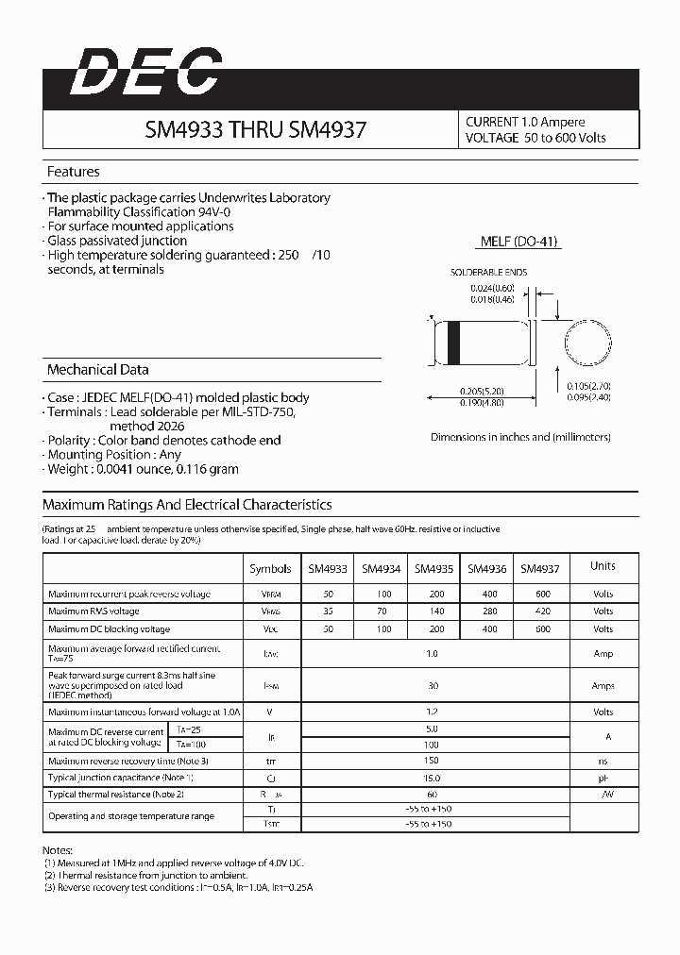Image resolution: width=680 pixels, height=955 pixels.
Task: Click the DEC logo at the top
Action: pyautogui.click(x=146, y=74)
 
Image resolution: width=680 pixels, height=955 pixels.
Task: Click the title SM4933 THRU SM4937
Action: pyautogui.click(x=255, y=130)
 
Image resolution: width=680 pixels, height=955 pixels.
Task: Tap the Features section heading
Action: pyautogui.click(x=74, y=172)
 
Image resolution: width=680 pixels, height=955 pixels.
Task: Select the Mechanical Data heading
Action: pyautogui.click(x=97, y=370)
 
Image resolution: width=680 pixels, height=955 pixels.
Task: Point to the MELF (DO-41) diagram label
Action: pyautogui.click(x=519, y=242)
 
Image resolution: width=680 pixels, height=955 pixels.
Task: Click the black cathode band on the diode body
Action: pyautogui.click(x=453, y=341)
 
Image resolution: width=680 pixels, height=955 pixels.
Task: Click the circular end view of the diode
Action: pyautogui.click(x=586, y=341)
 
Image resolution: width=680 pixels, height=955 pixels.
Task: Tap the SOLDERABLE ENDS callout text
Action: pyautogui.click(x=488, y=273)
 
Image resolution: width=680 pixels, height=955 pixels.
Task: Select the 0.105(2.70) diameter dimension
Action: pyautogui.click(x=591, y=386)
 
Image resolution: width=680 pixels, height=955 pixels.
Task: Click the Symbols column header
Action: pyautogui.click(x=270, y=569)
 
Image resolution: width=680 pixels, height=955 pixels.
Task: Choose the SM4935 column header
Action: pyautogui.click(x=433, y=569)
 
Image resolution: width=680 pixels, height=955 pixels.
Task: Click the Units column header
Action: pyautogui.click(x=603, y=566)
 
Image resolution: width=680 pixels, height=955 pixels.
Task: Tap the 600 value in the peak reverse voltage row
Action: pyautogui.click(x=541, y=595)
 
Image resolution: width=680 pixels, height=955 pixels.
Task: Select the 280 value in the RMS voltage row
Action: pyautogui.click(x=487, y=612)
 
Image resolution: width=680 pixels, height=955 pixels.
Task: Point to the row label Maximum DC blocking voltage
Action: pyautogui.click(x=109, y=629)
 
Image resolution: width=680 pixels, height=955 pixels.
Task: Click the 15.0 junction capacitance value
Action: pyautogui.click(x=433, y=778)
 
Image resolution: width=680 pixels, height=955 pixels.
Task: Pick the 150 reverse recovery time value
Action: pyautogui.click(x=433, y=761)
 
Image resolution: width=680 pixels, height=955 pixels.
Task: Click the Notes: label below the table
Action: pyautogui.click(x=58, y=850)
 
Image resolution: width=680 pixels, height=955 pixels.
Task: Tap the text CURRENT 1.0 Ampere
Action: pyautogui.click(x=525, y=122)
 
